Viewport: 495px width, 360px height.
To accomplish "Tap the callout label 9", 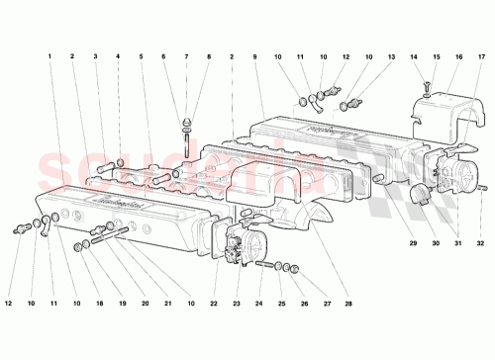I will click(x=255, y=56).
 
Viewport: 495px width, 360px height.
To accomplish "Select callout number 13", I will click(x=391, y=56).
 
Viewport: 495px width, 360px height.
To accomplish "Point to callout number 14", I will click(x=414, y=56).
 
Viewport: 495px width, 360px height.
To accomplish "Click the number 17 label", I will click(x=481, y=56).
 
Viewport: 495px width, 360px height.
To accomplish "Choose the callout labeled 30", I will click(x=431, y=241).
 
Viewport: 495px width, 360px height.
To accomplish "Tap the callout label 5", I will click(x=142, y=56).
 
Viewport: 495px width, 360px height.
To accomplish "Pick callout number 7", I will click(x=186, y=56).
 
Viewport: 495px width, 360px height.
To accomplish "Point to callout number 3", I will click(x=95, y=56).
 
